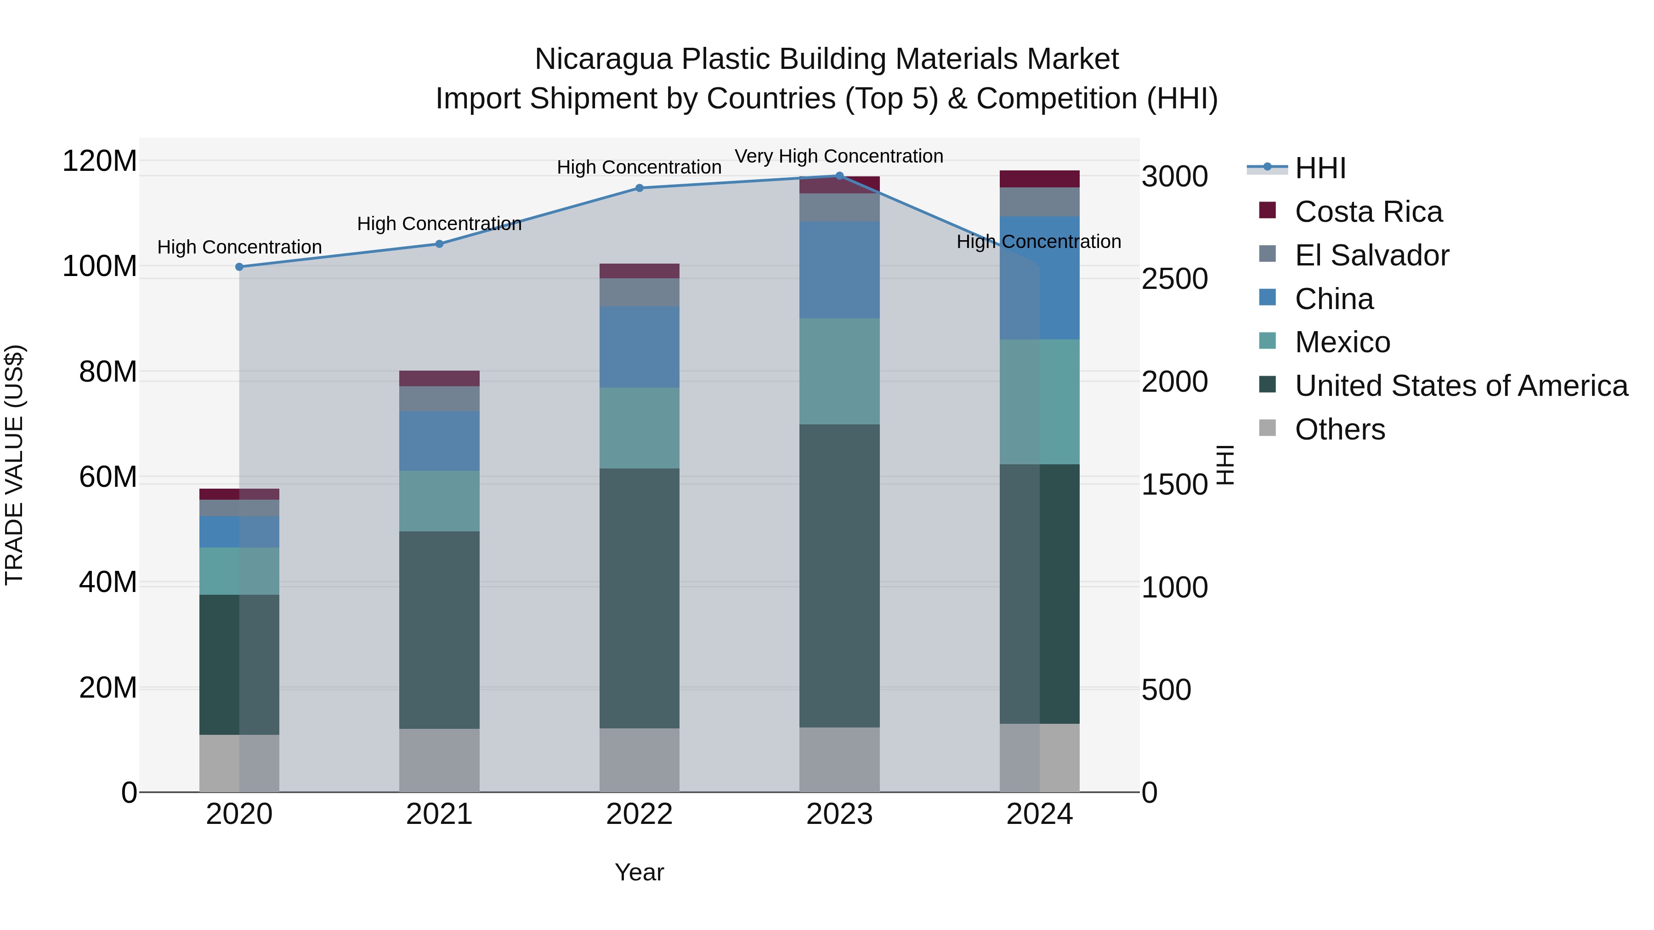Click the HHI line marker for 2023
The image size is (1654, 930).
839,176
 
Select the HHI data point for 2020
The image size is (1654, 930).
239,267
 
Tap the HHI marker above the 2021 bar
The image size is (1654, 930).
439,244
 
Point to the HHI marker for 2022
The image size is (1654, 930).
639,188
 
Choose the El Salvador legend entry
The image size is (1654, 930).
1371,255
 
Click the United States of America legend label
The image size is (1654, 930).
1461,386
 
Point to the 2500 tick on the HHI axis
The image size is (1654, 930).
1174,279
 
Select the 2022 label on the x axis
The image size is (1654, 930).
639,814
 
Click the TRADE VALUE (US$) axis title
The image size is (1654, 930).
14,465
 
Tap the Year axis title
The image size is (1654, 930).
639,872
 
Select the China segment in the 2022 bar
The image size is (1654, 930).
639,347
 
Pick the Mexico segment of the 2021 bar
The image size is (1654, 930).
439,501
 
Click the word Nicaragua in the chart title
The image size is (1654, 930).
604,59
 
